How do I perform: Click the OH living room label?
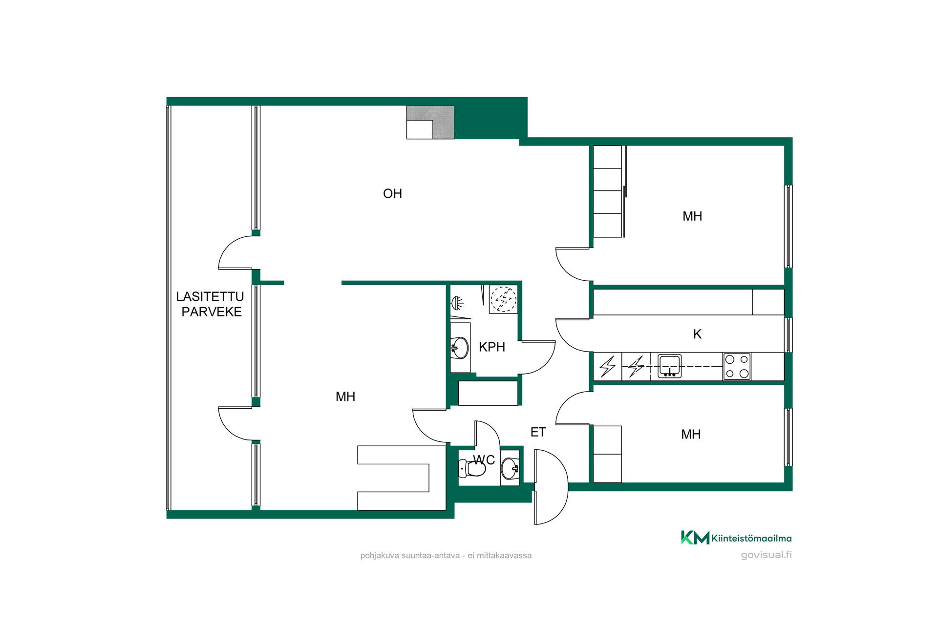tap(392, 194)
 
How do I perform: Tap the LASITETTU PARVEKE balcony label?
tap(210, 304)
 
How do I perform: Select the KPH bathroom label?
tap(492, 347)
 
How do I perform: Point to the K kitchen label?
tap(697, 334)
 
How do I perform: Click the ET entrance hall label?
tap(538, 432)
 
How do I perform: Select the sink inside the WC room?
tap(510, 468)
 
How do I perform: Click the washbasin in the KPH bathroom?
tap(460, 348)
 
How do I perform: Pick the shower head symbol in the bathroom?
tap(457, 303)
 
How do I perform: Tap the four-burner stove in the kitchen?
tap(737, 366)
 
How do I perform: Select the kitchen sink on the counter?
tap(669, 366)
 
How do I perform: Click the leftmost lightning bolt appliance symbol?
tap(608, 367)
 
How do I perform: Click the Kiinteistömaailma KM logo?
tap(736, 538)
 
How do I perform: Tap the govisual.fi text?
tap(766, 555)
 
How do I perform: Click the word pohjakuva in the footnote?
tap(380, 556)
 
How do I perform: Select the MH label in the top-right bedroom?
tap(692, 216)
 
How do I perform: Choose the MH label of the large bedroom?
tap(345, 397)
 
